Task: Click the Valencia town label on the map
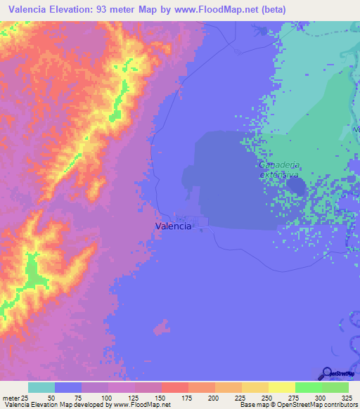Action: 172,226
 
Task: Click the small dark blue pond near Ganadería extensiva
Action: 296,186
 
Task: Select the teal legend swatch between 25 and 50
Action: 41,387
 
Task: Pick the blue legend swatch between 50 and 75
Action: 68,387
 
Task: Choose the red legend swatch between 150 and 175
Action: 174,387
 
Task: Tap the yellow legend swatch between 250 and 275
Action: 281,387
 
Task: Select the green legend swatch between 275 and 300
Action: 308,387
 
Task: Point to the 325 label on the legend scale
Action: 347,398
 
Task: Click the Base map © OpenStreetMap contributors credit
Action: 297,405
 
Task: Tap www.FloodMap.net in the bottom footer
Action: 148,405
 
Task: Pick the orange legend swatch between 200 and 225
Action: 228,387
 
